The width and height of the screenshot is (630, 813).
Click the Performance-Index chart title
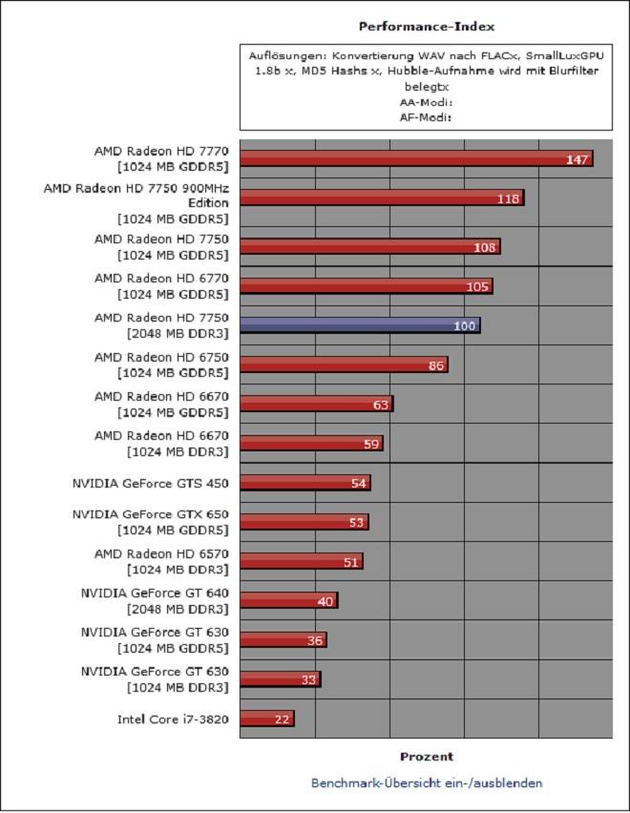tap(426, 27)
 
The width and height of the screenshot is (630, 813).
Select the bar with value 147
tap(415, 158)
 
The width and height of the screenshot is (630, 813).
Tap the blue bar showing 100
tap(359, 325)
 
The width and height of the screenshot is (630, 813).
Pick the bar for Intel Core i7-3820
tap(266, 719)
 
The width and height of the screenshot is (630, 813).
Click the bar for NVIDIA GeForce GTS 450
tap(304, 483)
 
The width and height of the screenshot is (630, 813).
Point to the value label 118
tap(508, 198)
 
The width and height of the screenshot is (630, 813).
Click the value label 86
tap(434, 365)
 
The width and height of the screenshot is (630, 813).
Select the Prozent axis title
tap(426, 757)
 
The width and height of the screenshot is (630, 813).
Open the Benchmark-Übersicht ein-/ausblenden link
tap(427, 782)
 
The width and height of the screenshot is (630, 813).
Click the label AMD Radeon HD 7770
tap(161, 151)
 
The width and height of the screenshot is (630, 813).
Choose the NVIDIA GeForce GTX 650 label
tap(150, 514)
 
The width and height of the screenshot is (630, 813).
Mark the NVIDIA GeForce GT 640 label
tap(155, 593)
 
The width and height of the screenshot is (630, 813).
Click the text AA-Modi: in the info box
tap(426, 100)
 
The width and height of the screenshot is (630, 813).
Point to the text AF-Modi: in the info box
tap(426, 116)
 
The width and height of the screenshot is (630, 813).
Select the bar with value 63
tap(315, 405)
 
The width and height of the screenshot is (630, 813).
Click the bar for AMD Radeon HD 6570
tap(301, 561)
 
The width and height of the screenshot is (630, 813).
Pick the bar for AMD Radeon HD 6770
tap(366, 286)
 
